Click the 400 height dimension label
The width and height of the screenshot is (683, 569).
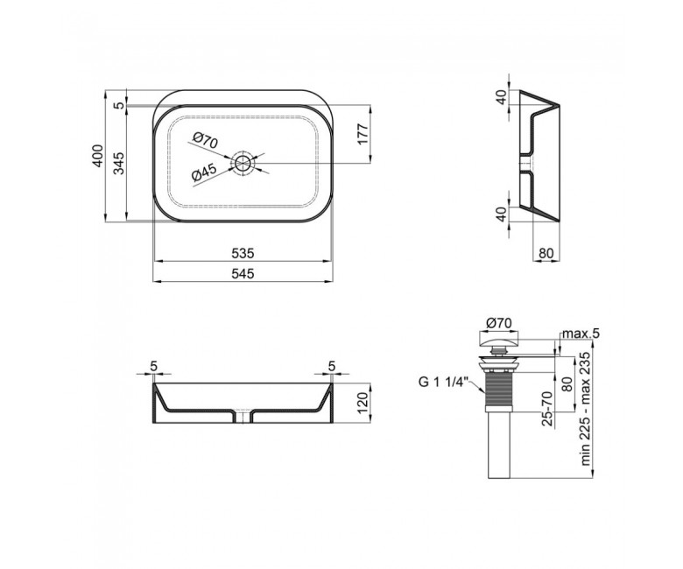(99, 156)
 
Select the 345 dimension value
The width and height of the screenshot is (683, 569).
(119, 163)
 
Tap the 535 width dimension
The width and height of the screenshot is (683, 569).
(243, 253)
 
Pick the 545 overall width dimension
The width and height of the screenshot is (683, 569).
(243, 273)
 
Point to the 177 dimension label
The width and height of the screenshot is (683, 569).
(363, 134)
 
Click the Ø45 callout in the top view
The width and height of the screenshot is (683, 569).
(204, 173)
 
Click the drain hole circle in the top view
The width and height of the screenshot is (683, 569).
(243, 163)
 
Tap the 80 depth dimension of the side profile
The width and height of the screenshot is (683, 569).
(546, 253)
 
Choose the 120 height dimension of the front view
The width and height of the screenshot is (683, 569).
(363, 404)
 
